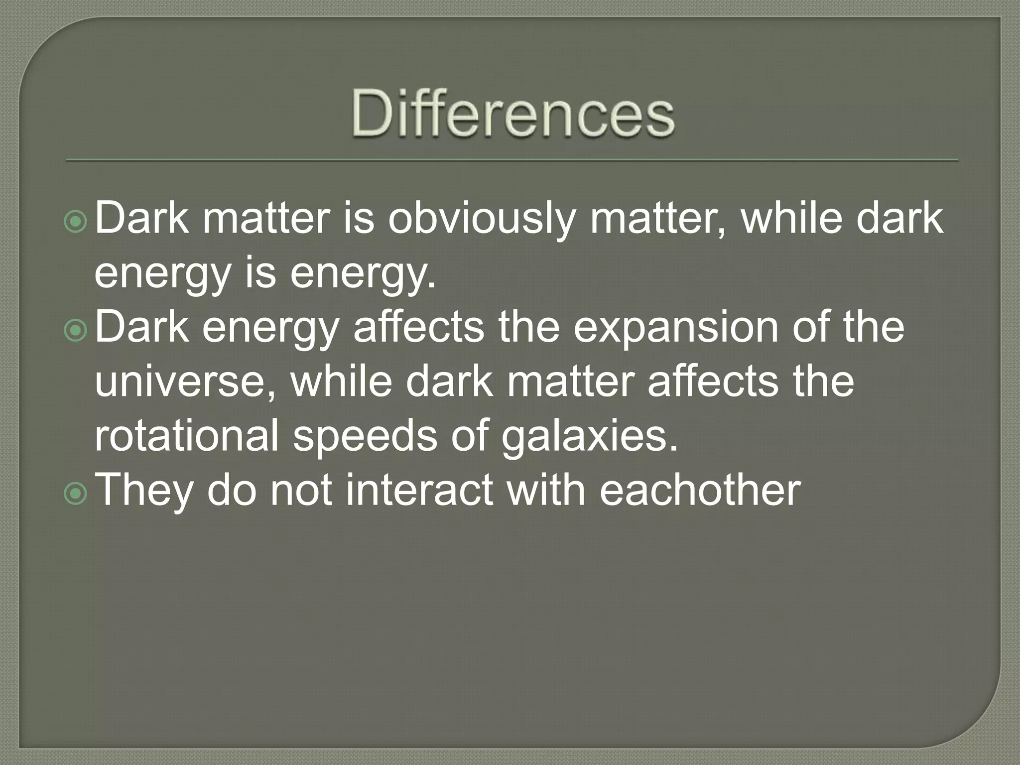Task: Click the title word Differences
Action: click(513, 114)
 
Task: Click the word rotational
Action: click(186, 436)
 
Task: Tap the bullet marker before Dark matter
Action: click(76, 222)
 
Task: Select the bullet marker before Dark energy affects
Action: click(76, 331)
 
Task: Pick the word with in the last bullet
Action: click(546, 490)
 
